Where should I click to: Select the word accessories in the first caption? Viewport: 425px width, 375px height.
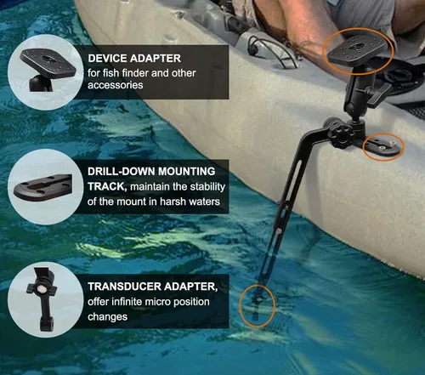click(115, 85)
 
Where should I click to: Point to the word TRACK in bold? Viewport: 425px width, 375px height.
click(106, 186)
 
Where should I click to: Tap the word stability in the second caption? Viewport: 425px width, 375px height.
click(207, 187)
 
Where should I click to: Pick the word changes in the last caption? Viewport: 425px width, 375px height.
click(107, 317)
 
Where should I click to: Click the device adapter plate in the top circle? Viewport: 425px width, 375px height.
click(48, 62)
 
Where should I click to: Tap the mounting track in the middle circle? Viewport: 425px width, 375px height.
click(43, 187)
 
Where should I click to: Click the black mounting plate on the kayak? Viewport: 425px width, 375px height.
click(356, 52)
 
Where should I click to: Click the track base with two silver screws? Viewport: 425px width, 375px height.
click(382, 146)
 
